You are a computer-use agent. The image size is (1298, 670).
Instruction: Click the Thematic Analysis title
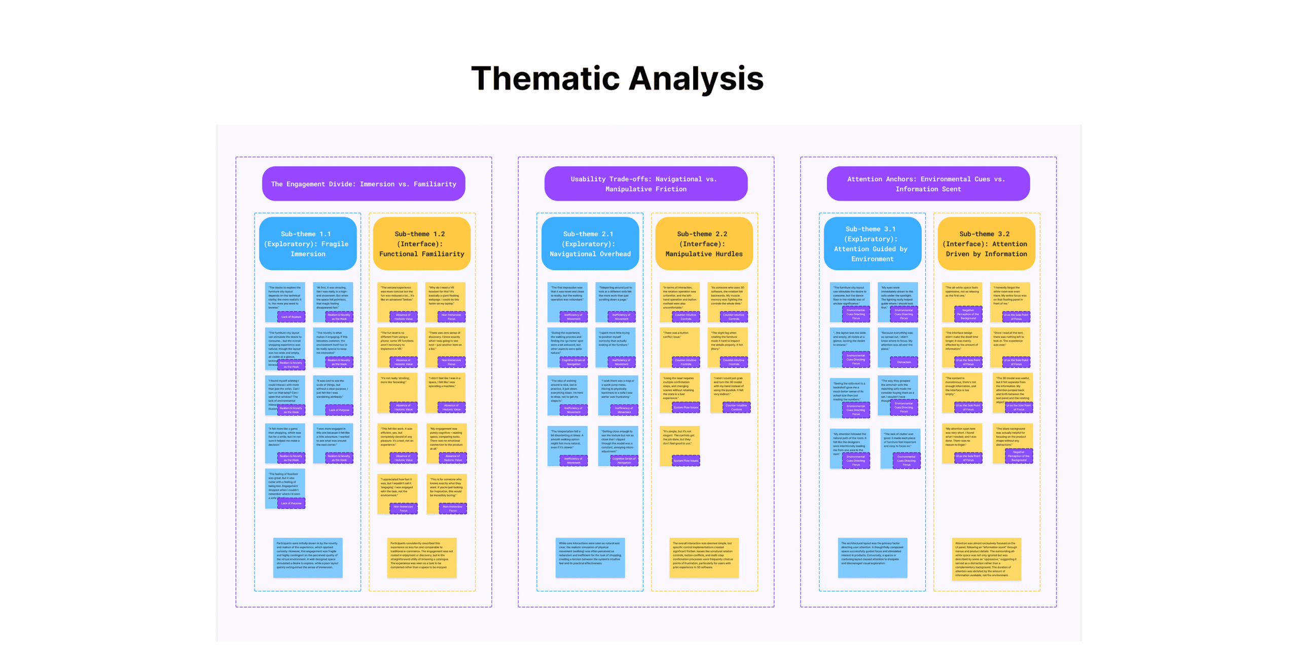[x=617, y=79]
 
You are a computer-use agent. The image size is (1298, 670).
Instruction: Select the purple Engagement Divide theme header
[x=363, y=183]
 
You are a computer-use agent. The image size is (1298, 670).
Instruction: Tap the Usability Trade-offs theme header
[x=645, y=183]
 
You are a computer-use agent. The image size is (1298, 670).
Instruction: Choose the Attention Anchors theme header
[x=927, y=183]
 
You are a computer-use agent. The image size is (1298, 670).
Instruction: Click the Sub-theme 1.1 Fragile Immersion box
[x=307, y=244]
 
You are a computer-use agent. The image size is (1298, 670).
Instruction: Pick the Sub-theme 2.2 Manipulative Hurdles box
[x=703, y=244]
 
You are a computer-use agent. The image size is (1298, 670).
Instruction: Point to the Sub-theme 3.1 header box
[x=872, y=244]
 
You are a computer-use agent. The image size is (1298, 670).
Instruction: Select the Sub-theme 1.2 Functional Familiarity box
[x=421, y=244]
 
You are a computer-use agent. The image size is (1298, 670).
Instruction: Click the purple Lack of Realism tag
[x=291, y=317]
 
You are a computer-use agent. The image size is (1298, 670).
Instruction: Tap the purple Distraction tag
[x=904, y=362]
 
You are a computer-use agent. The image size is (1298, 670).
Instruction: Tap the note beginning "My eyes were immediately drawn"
[x=897, y=299]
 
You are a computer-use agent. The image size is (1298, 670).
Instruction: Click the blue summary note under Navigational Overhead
[x=590, y=557]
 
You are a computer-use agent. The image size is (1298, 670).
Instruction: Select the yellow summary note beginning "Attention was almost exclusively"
[x=986, y=559]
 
